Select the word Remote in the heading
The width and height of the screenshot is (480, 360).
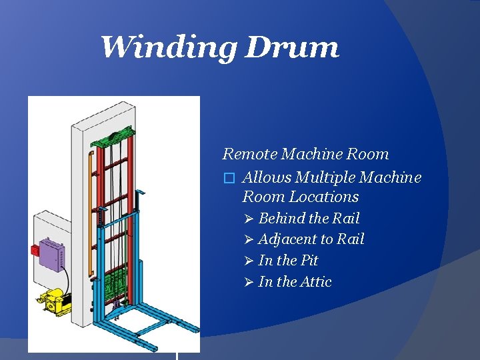[x=249, y=154]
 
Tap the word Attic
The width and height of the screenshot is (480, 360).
[x=314, y=282]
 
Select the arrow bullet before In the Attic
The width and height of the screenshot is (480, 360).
[x=248, y=282]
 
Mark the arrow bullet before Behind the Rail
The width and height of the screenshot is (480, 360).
[x=248, y=219]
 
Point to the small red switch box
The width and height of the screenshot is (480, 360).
[x=35, y=250]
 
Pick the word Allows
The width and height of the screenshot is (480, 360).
[x=267, y=178]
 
